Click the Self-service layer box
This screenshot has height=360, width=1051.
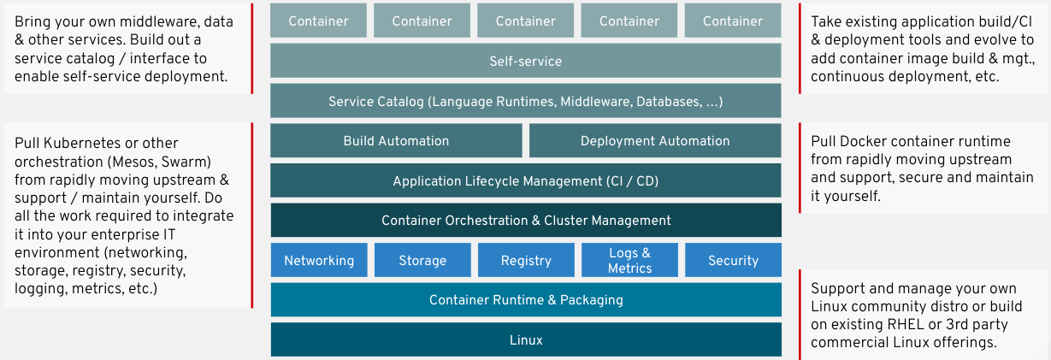tap(525, 61)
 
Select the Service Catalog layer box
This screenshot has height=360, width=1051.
tap(525, 101)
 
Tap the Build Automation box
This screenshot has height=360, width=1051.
tap(396, 141)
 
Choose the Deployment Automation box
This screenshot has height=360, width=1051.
tap(655, 141)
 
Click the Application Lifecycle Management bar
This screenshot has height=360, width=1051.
tap(525, 180)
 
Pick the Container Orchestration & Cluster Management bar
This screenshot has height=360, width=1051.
tap(525, 220)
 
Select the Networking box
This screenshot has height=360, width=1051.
tap(319, 260)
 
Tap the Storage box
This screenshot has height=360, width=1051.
tap(422, 260)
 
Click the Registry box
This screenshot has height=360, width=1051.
tap(526, 260)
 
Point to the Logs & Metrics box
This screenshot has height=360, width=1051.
tap(629, 260)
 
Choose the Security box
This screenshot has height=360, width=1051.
tap(733, 260)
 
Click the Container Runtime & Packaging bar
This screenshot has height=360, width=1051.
tap(525, 299)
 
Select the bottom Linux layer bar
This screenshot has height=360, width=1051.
tap(525, 339)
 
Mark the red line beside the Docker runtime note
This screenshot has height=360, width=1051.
tap(799, 168)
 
